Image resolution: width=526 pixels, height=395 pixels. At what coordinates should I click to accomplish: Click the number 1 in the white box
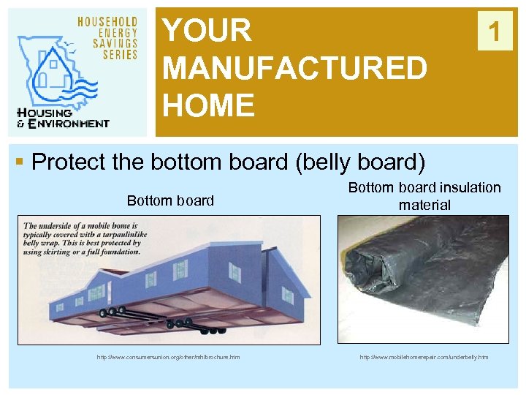(x=495, y=31)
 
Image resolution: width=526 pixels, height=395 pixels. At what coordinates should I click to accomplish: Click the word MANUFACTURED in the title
(x=294, y=69)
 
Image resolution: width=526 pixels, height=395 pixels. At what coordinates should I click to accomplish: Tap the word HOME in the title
(x=208, y=105)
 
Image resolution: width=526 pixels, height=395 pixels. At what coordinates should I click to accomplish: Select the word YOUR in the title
(x=207, y=31)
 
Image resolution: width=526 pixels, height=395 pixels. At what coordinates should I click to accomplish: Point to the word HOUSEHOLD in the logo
(x=107, y=23)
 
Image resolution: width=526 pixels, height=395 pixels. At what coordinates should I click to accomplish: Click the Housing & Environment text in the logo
(x=63, y=118)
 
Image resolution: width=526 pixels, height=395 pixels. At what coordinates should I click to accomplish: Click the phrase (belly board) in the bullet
(x=368, y=161)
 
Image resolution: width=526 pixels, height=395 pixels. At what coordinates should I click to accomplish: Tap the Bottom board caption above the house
(x=170, y=200)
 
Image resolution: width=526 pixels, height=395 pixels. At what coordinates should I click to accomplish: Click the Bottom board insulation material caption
(x=424, y=196)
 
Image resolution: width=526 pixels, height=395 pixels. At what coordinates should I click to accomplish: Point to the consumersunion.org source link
(x=168, y=357)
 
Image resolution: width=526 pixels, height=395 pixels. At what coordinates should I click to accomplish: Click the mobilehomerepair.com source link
(x=424, y=357)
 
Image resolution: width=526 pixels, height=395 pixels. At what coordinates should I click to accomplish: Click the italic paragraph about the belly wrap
(x=81, y=238)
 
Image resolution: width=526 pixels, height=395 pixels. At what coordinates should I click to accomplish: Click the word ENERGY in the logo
(x=116, y=34)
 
